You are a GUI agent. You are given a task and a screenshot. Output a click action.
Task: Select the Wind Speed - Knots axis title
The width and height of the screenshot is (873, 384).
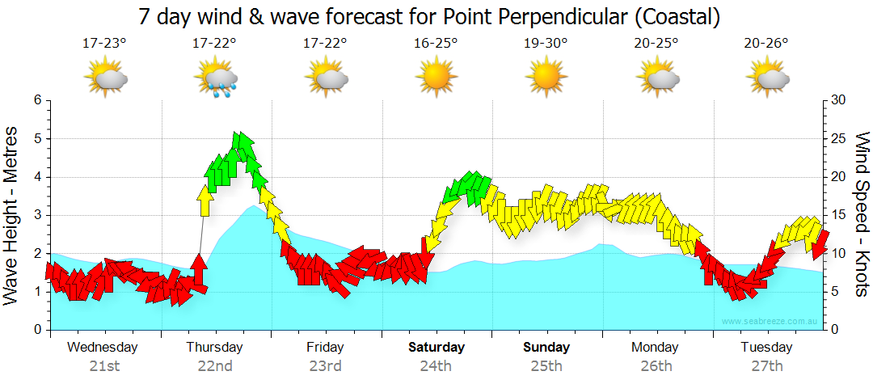[x=861, y=214]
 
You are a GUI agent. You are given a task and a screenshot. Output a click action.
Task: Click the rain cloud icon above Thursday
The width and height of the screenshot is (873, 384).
[x=216, y=78]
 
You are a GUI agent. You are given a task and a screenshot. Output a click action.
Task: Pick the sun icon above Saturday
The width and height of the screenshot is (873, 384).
[x=436, y=78]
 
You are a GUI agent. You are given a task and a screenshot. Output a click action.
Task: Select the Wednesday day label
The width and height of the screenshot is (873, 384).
[x=103, y=348]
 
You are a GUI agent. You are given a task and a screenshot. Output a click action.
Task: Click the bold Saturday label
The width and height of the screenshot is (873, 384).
[x=436, y=348]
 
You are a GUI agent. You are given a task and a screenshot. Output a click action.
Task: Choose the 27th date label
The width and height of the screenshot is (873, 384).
[x=767, y=366]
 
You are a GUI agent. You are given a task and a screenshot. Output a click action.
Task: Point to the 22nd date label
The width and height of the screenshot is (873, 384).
[x=215, y=366]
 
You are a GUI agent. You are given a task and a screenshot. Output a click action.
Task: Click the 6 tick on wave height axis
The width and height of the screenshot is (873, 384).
[x=36, y=100]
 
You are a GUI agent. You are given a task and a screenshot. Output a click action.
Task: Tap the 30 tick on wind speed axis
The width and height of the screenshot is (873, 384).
[x=839, y=100]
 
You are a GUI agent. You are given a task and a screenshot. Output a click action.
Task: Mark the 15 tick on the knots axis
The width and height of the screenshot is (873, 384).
[x=839, y=215]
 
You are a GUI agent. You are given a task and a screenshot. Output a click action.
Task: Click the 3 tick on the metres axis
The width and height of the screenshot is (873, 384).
[x=36, y=215]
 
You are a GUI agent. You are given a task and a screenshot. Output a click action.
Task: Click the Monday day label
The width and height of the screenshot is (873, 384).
[x=656, y=348]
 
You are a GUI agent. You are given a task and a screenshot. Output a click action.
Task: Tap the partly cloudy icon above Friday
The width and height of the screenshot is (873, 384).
[x=326, y=78]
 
